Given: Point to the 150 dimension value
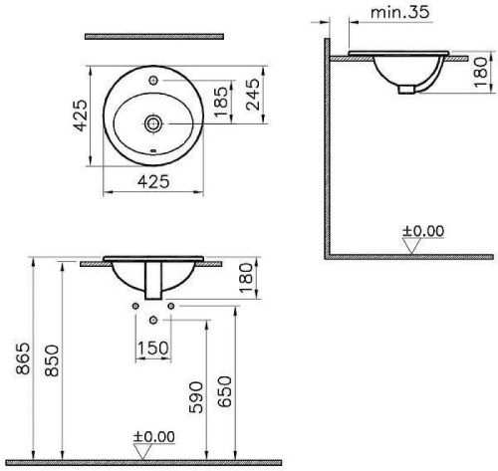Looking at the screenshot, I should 152,348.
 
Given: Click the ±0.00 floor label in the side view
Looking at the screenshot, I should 422,232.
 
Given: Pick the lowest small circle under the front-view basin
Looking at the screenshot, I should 152,321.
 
